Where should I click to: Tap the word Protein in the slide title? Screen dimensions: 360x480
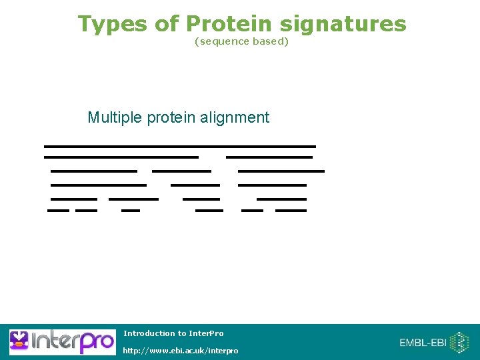[x=229, y=24]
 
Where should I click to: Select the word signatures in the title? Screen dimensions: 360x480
[x=343, y=24]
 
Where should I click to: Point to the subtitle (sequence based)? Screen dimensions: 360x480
[x=241, y=41]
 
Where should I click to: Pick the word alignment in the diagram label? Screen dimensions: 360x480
[x=234, y=118]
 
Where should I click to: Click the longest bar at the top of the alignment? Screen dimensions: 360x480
[x=179, y=145]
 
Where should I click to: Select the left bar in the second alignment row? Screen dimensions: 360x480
[x=121, y=157]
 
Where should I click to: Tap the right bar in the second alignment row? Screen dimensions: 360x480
[x=269, y=157]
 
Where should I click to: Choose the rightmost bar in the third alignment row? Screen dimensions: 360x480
[x=281, y=171]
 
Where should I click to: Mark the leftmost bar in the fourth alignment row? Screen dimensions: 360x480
[x=98, y=185]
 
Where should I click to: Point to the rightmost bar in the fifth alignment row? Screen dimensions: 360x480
[x=281, y=199]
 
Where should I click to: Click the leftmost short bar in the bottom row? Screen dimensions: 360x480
[x=58, y=211]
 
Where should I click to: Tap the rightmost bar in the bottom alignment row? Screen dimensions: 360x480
[x=291, y=211]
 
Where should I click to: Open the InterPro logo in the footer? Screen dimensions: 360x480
[x=61, y=342]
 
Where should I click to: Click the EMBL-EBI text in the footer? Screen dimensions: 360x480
[x=423, y=343]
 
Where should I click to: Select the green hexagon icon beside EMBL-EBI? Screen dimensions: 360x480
[x=460, y=343]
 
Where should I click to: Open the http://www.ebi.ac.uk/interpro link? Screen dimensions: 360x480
[x=180, y=351]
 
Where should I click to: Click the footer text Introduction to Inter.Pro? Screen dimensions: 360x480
[x=173, y=333]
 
